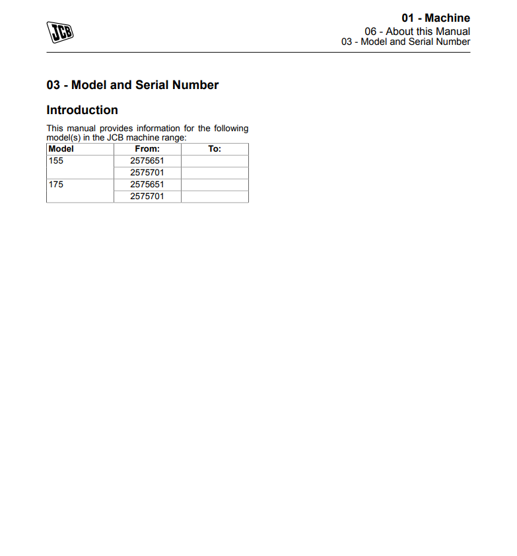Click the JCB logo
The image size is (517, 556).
click(x=59, y=32)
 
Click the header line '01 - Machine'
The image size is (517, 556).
click(x=435, y=18)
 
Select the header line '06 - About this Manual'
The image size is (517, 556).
click(x=417, y=31)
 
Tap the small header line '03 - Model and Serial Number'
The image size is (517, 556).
click(x=405, y=42)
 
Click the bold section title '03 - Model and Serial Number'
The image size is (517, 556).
click(x=132, y=85)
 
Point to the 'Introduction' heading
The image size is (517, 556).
click(x=82, y=110)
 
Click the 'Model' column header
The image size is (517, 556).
click(x=61, y=149)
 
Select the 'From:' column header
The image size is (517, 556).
click(x=147, y=149)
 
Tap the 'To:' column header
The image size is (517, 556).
click(x=215, y=149)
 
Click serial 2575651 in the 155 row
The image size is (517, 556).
click(x=147, y=161)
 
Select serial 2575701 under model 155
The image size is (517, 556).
click(x=147, y=173)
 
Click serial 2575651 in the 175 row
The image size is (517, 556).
click(x=147, y=185)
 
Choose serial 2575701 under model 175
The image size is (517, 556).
click(x=147, y=197)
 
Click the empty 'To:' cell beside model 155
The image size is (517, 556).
click(x=215, y=161)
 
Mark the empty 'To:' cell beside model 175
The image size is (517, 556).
click(x=215, y=185)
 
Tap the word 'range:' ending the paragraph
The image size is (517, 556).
click(x=174, y=137)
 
